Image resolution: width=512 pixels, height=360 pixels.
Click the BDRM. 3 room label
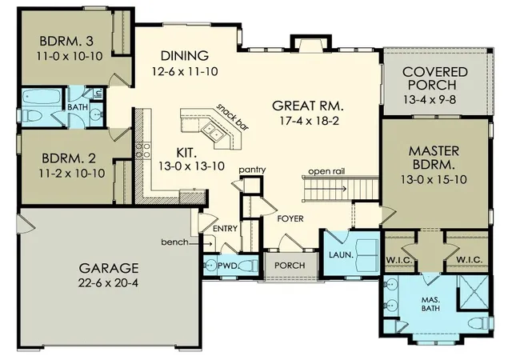tap(66, 41)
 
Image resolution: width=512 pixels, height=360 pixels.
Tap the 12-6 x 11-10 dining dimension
tap(185, 71)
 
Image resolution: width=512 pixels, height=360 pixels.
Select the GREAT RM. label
tap(308, 106)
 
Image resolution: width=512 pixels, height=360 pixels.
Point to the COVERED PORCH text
tap(434, 78)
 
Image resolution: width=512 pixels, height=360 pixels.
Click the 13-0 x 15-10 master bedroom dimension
tap(434, 179)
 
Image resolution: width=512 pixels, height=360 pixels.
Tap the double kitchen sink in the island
tap(212, 132)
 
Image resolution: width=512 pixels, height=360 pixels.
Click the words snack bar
tap(233, 117)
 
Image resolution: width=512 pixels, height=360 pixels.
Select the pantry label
tap(252, 170)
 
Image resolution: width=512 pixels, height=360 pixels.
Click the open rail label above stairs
tap(326, 171)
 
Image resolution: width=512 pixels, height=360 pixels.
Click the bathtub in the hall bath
tap(42, 97)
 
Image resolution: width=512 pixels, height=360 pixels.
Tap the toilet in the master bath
tap(478, 322)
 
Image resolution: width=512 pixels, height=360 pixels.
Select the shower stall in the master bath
tap(473, 291)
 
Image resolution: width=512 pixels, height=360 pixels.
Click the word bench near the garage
tap(174, 242)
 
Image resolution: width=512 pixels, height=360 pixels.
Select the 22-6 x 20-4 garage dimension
tap(108, 282)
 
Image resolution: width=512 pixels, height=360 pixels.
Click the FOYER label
tap(290, 218)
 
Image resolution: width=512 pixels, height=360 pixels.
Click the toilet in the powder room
tap(250, 266)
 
